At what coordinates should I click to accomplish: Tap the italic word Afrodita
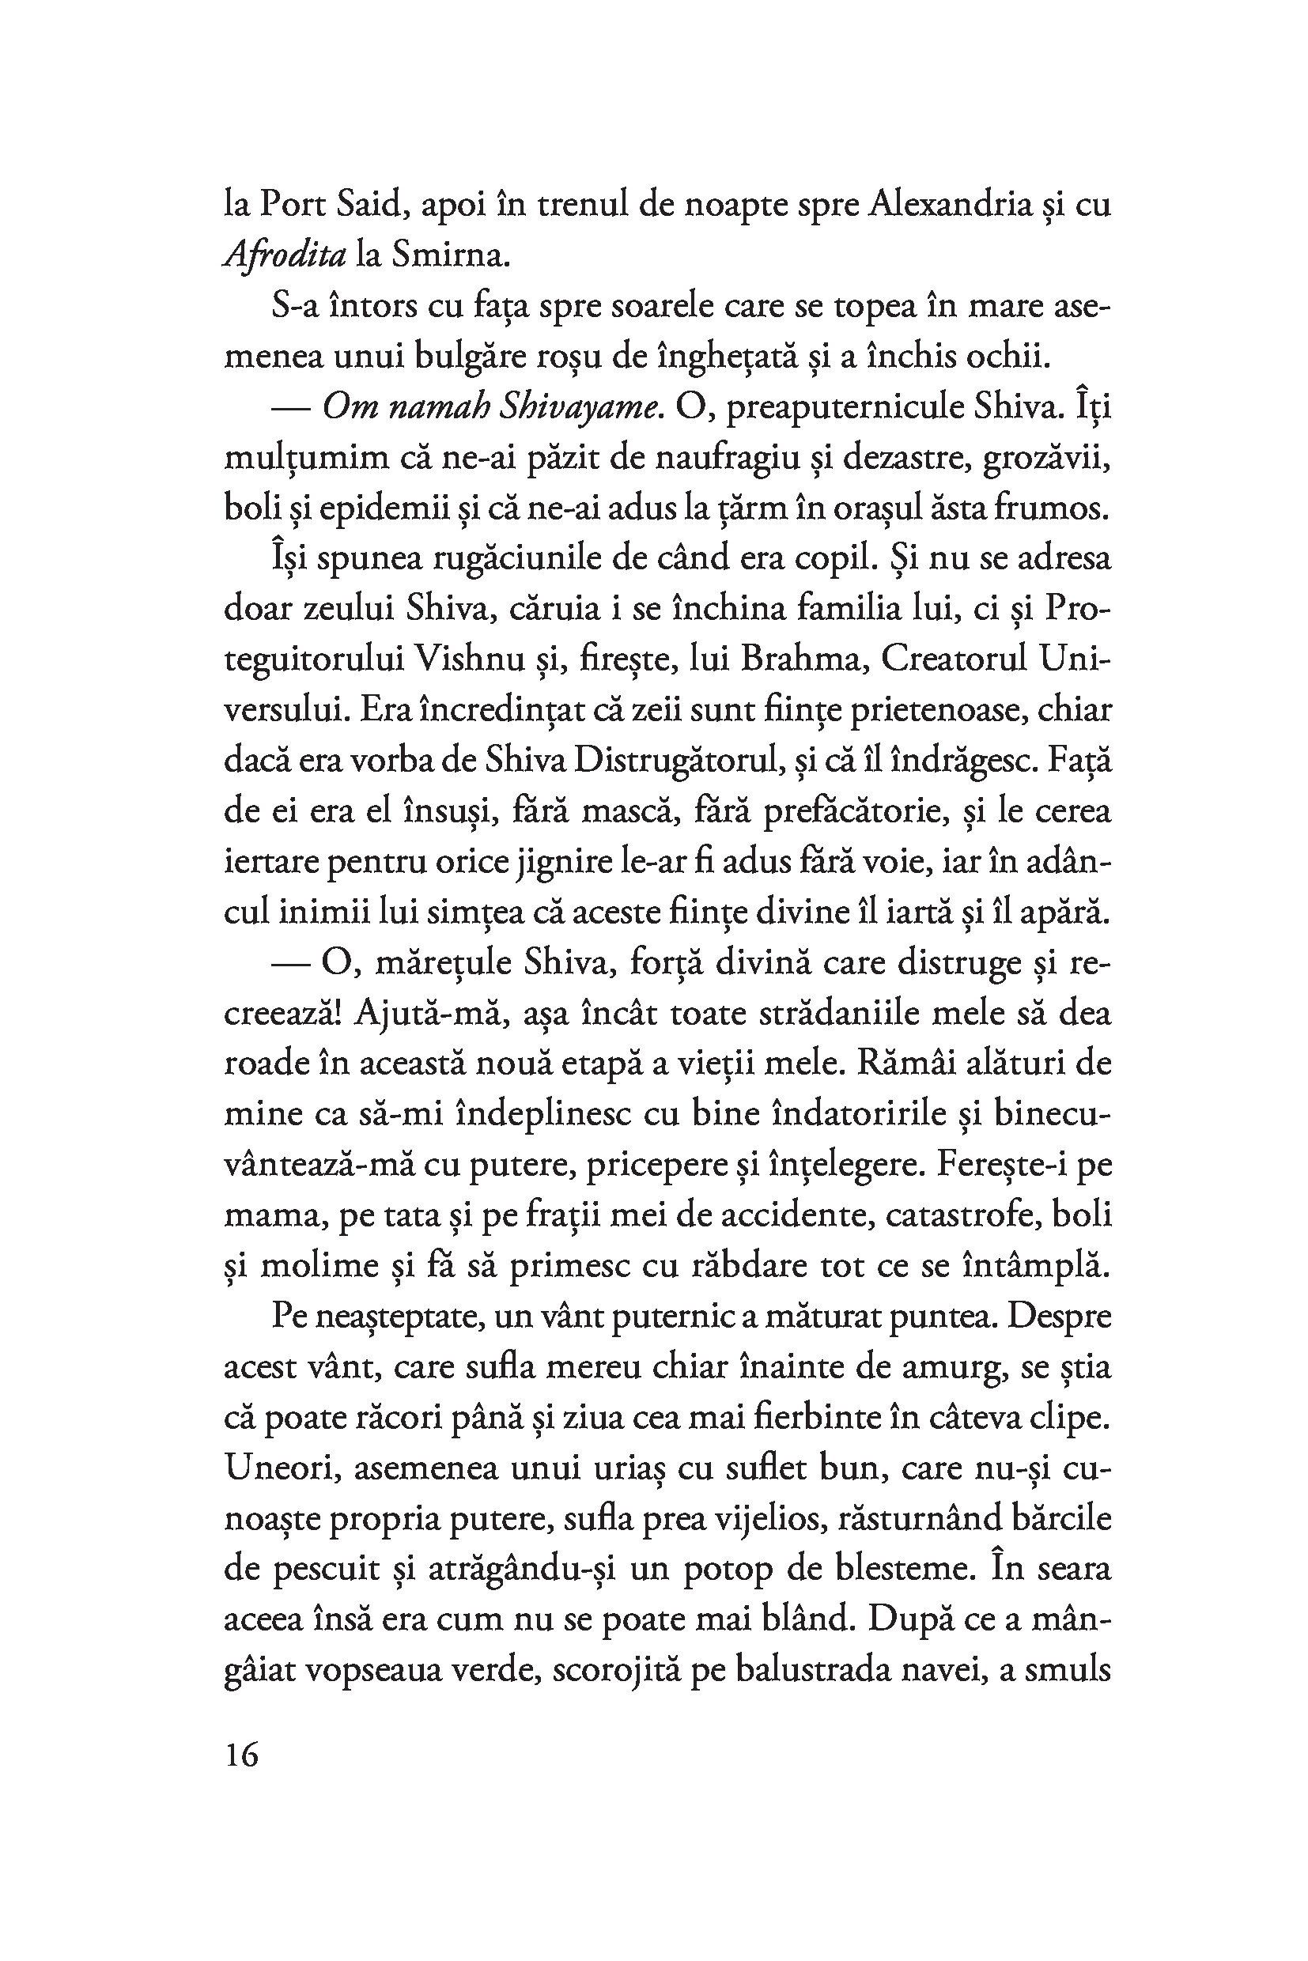(285, 256)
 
